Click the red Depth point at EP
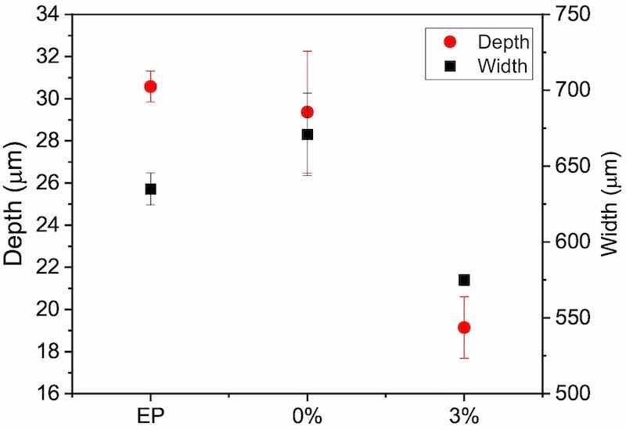tap(150, 86)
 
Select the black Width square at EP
tap(150, 189)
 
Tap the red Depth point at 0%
tap(307, 112)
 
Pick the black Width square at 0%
tap(308, 134)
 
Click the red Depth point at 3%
tap(464, 328)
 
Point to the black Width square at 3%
tap(464, 280)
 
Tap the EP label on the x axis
tap(150, 415)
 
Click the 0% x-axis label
tap(308, 415)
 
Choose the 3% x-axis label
tap(464, 415)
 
